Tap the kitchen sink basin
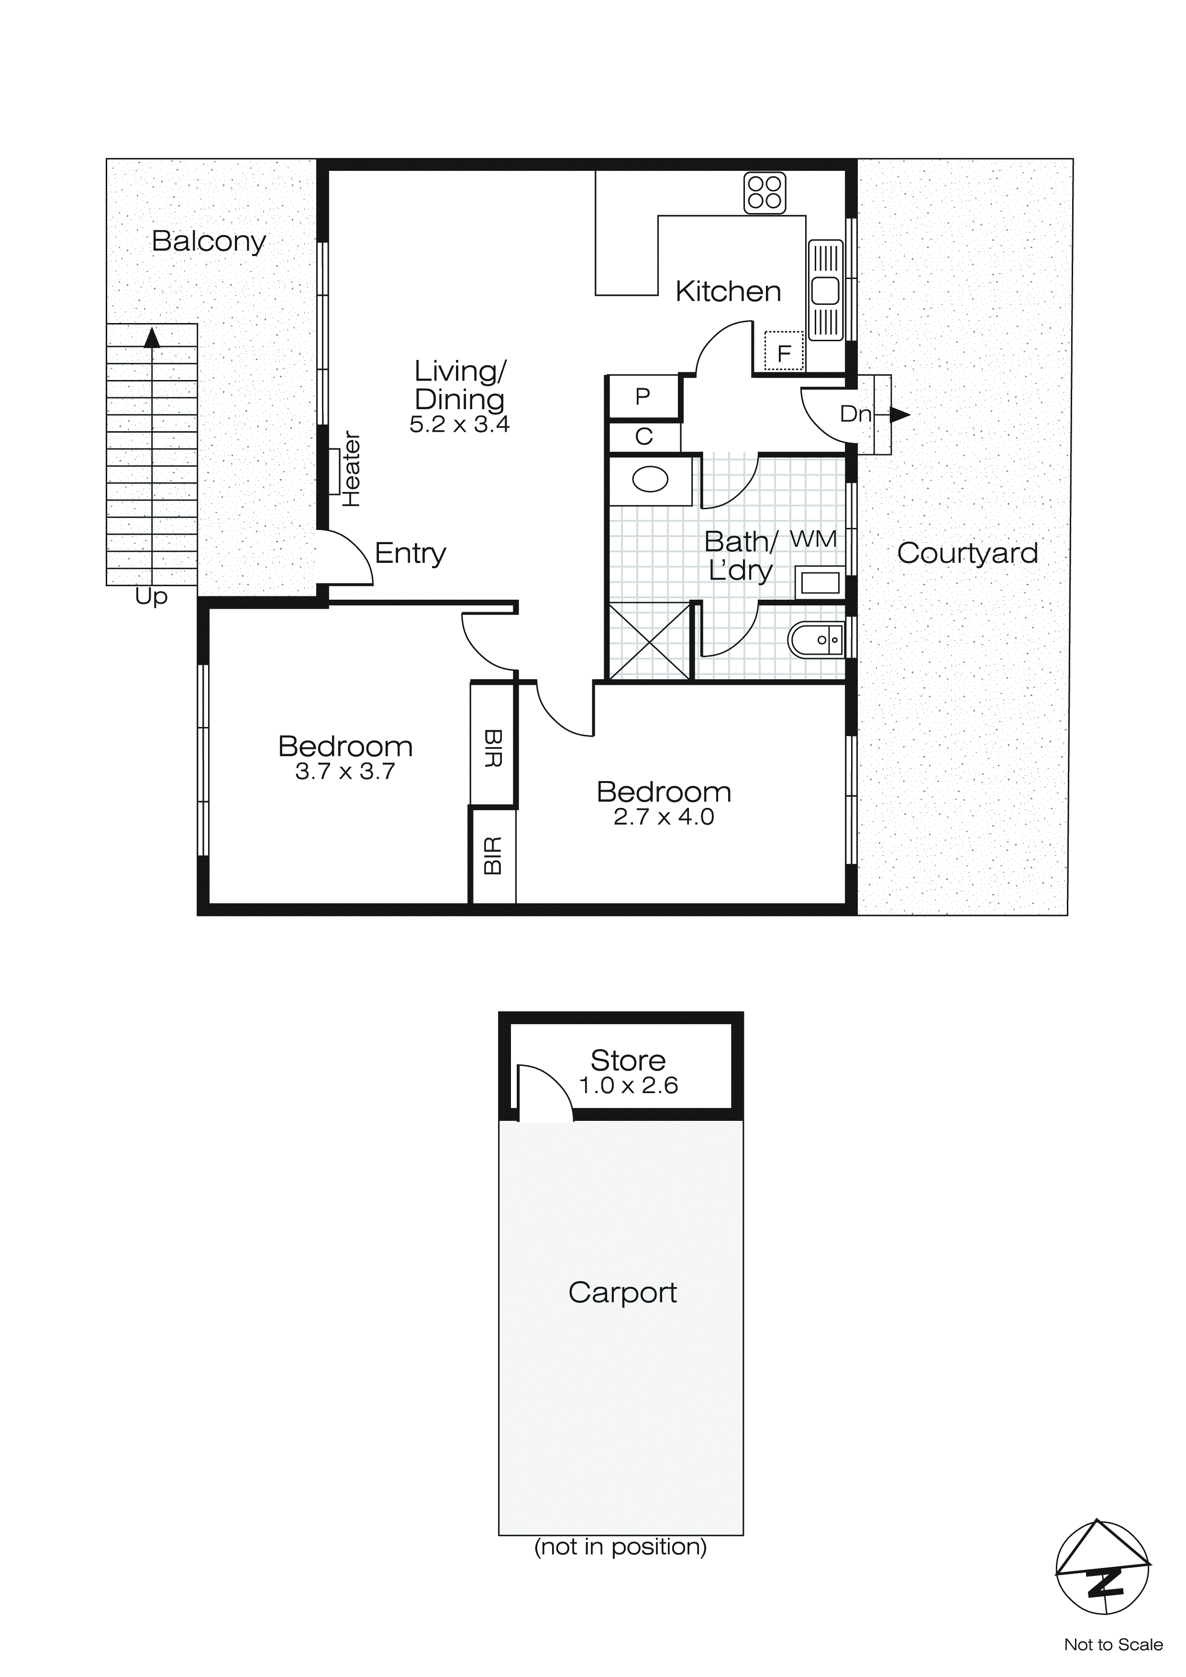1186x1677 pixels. (826, 291)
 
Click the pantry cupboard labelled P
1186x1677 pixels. (643, 397)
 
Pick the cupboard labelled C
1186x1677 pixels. (643, 437)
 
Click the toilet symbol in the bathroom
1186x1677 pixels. (816, 640)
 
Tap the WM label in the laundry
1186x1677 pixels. (813, 539)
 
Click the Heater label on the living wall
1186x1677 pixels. (351, 469)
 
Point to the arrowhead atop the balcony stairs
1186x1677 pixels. (152, 337)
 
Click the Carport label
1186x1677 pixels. (622, 1292)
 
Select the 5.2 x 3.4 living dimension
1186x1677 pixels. (459, 425)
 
